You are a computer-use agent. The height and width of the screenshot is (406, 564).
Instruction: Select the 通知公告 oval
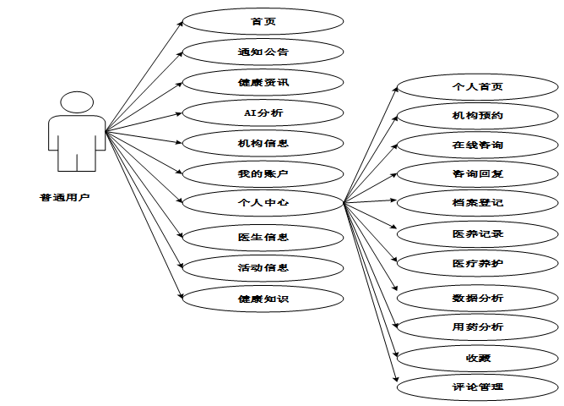point(263,52)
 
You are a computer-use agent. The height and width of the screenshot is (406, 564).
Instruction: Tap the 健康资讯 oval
point(263,83)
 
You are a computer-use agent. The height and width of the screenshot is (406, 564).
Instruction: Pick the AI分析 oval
point(263,112)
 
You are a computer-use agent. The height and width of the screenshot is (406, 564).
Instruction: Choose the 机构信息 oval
point(263,143)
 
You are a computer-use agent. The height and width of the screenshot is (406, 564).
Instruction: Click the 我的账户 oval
point(263,173)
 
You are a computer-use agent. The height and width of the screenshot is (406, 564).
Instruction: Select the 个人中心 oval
point(263,203)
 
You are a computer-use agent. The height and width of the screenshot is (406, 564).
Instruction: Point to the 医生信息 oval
point(263,237)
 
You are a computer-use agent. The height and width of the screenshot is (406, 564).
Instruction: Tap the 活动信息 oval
point(263,267)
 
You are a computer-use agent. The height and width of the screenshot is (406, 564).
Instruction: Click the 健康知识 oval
point(263,298)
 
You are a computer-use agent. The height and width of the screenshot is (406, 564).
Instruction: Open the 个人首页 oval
point(477,86)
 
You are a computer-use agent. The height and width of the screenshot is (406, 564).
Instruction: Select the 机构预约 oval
point(477,114)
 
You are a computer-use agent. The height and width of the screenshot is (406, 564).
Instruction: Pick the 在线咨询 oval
point(477,145)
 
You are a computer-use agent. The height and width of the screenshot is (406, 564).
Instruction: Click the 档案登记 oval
point(477,203)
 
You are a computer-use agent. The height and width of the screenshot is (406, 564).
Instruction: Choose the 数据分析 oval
point(477,298)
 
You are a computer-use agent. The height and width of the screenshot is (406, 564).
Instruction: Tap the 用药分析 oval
point(477,326)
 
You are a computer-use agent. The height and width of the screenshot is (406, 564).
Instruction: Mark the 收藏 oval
point(477,358)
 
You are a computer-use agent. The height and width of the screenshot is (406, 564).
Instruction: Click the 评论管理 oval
point(477,387)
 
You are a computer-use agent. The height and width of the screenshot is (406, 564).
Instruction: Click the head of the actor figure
point(77,102)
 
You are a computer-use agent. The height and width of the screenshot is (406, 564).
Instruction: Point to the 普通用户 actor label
point(63,197)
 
